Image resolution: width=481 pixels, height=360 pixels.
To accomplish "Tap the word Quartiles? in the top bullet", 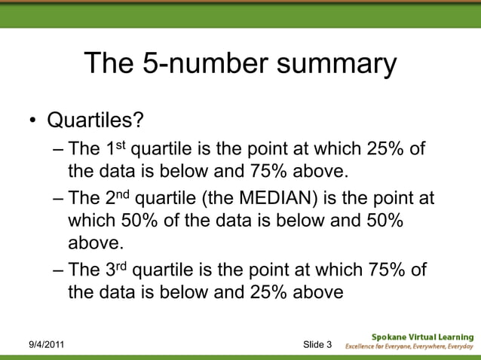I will click(95, 121).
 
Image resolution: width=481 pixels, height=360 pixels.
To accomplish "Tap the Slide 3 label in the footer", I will click(317, 345).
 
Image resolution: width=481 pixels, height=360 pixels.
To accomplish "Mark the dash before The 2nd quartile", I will click(60, 200).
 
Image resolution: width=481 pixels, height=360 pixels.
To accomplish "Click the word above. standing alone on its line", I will click(94, 243).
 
